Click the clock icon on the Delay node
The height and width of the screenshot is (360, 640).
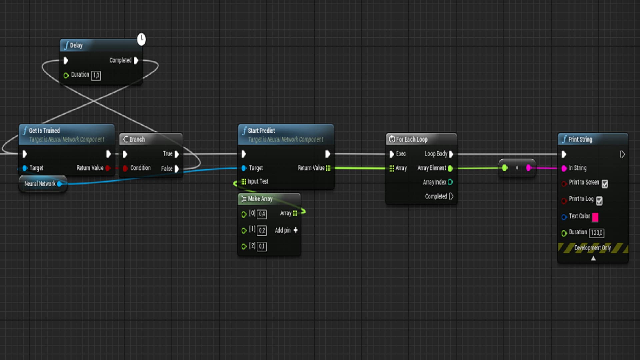pos(141,39)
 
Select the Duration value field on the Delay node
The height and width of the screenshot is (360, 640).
pos(96,75)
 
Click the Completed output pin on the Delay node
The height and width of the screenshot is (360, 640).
pos(136,60)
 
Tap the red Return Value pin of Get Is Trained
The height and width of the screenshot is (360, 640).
pos(108,168)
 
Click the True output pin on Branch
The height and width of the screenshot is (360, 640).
pos(177,154)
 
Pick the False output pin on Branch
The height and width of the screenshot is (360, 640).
pos(177,169)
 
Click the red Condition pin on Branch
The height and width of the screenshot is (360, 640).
pos(125,168)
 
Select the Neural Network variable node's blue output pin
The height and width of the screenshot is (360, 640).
pos(59,184)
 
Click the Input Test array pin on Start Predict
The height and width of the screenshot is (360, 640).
pos(244,182)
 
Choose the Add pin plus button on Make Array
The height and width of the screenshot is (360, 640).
pos(295,230)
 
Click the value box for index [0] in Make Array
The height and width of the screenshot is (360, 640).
pos(262,214)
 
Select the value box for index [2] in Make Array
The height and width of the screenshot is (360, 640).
pos(262,246)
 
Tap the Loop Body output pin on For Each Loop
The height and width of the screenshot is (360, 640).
pos(451,154)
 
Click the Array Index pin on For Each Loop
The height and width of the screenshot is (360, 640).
pos(450,182)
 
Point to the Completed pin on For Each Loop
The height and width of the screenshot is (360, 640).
pos(451,196)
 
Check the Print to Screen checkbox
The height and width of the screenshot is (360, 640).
pos(605,184)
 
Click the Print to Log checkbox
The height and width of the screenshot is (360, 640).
pos(599,201)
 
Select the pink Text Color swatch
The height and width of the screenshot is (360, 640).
pos(595,217)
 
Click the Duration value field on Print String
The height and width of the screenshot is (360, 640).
pos(597,233)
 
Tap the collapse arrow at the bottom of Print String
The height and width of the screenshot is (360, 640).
pos(593,258)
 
